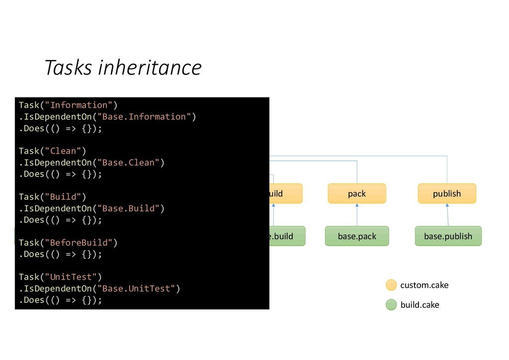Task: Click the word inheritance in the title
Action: [150, 68]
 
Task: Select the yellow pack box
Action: [357, 193]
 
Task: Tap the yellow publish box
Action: [447, 193]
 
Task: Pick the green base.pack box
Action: [357, 236]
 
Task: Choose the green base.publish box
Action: [448, 236]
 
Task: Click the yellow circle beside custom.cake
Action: [392, 285]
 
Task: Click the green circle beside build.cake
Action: [392, 304]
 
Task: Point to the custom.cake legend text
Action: [424, 285]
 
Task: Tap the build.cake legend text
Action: [420, 304]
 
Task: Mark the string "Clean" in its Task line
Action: [63, 151]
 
